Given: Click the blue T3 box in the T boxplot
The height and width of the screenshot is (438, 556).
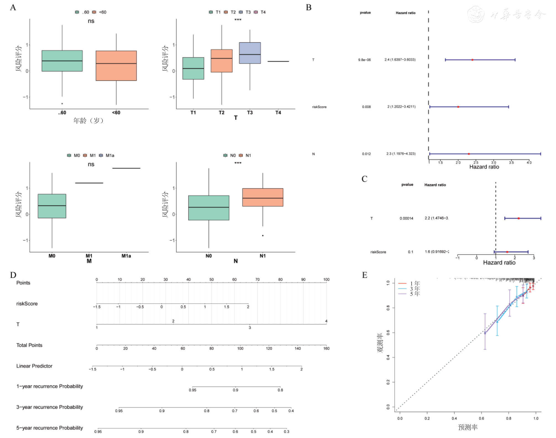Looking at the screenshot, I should click(250, 53).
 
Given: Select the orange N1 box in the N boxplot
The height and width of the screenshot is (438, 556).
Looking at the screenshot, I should click(263, 197).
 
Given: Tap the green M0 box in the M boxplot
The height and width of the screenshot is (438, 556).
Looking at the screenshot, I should click(52, 206).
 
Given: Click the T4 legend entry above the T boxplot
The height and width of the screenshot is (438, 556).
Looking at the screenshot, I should click(260, 12).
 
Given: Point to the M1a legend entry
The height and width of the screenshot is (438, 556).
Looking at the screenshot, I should click(107, 155).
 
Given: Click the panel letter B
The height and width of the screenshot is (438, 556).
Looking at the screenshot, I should click(309, 7).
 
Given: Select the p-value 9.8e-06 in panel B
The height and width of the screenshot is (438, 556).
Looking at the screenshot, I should click(364, 60).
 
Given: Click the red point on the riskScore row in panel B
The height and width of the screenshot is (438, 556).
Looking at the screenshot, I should click(458, 107).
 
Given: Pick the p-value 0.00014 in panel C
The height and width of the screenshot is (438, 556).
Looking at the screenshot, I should click(406, 218).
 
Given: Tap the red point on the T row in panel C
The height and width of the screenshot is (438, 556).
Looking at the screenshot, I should click(518, 218).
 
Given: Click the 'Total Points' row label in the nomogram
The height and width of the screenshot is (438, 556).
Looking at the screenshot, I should click(29, 345).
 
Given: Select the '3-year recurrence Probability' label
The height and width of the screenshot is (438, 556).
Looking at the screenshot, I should click(50, 407).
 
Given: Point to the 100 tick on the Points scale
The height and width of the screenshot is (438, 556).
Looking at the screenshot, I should click(326, 280).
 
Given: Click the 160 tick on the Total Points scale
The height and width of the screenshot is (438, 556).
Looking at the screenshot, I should click(326, 348).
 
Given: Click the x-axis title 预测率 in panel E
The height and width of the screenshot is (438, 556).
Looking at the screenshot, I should click(468, 427).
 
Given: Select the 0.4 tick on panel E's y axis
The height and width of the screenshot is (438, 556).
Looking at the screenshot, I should click(388, 358).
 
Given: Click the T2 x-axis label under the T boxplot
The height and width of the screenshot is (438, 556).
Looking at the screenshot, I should click(221, 113).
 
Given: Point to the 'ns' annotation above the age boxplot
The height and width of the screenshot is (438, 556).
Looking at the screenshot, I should click(91, 21).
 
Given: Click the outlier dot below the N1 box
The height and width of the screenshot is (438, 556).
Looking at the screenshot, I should click(263, 236).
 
